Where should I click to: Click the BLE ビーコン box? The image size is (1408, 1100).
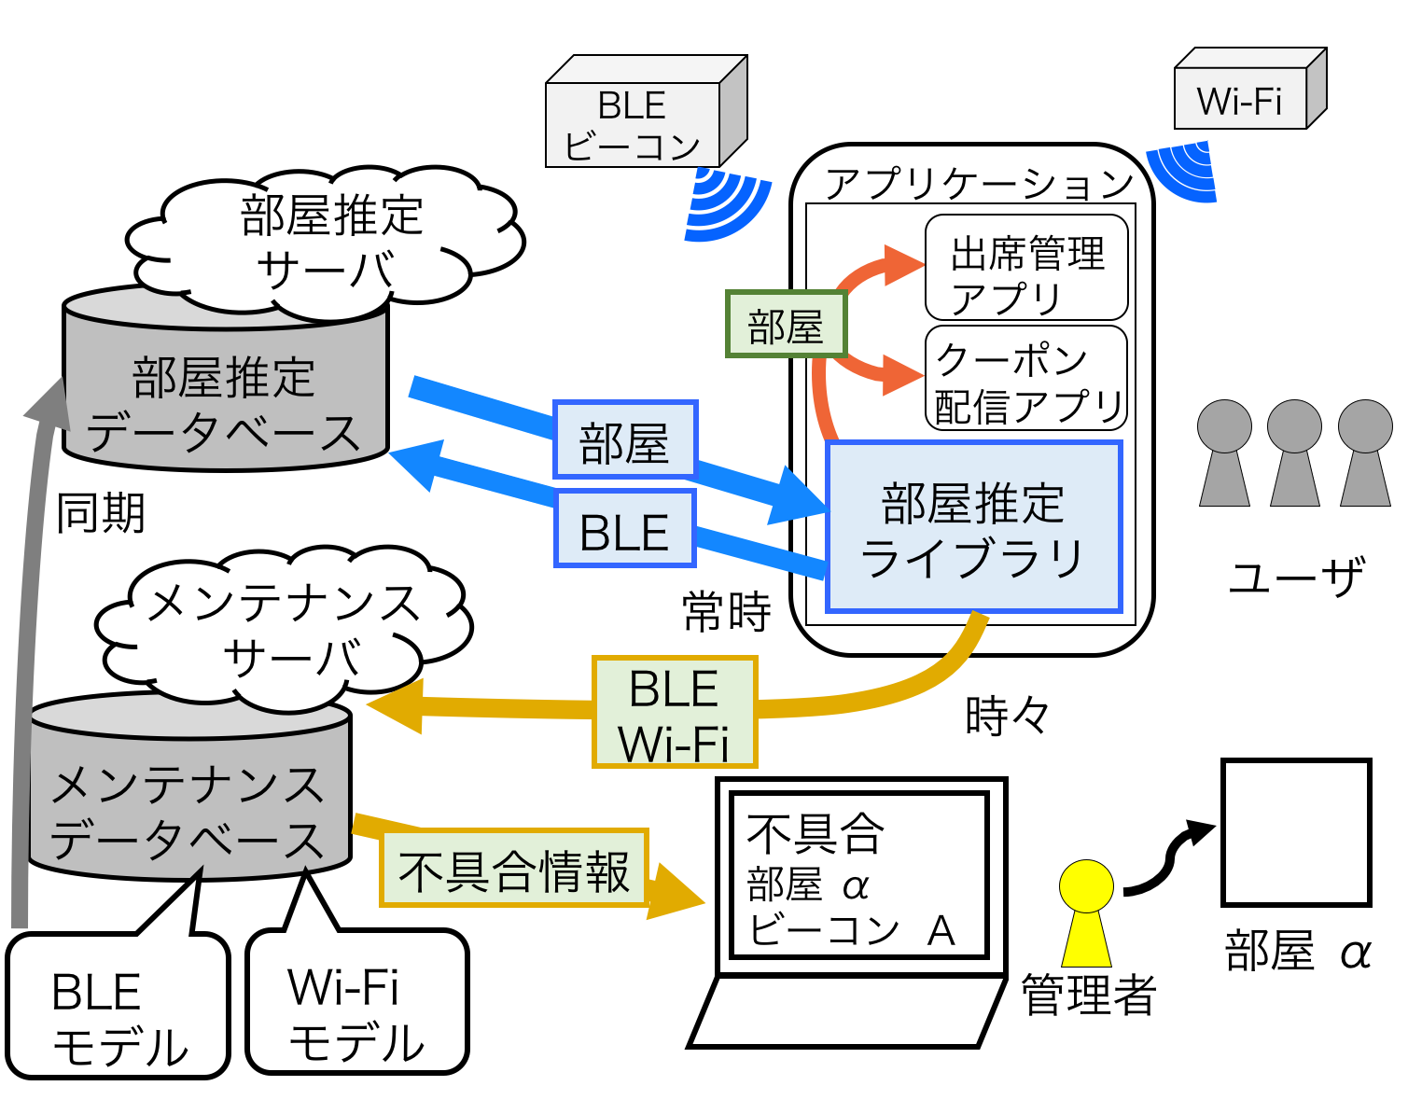[634, 125]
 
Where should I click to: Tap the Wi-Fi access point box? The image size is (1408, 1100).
[1240, 99]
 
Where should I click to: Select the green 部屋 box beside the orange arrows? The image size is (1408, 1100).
[786, 325]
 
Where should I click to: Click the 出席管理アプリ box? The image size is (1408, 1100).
[1026, 269]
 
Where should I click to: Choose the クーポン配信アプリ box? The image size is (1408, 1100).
[1026, 379]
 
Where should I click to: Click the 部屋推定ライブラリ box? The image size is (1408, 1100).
[973, 527]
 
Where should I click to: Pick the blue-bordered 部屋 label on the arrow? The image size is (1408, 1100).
[625, 440]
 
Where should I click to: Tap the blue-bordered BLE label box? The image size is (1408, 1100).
[625, 529]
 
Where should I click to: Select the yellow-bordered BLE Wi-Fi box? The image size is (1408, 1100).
[674, 713]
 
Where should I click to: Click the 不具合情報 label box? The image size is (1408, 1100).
[513, 869]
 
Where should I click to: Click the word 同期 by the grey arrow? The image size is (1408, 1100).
[101, 513]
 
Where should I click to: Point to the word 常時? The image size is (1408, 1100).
[727, 612]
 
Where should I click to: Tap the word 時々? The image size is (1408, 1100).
[1007, 717]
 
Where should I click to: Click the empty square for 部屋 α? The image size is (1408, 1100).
[1296, 832]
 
